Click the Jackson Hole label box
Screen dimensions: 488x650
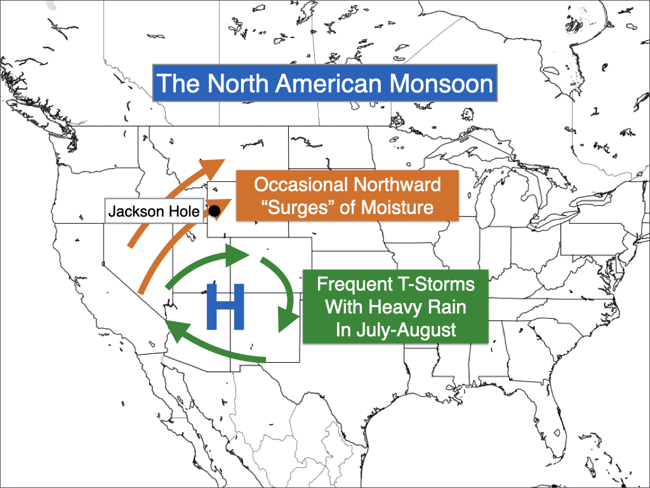154,211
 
